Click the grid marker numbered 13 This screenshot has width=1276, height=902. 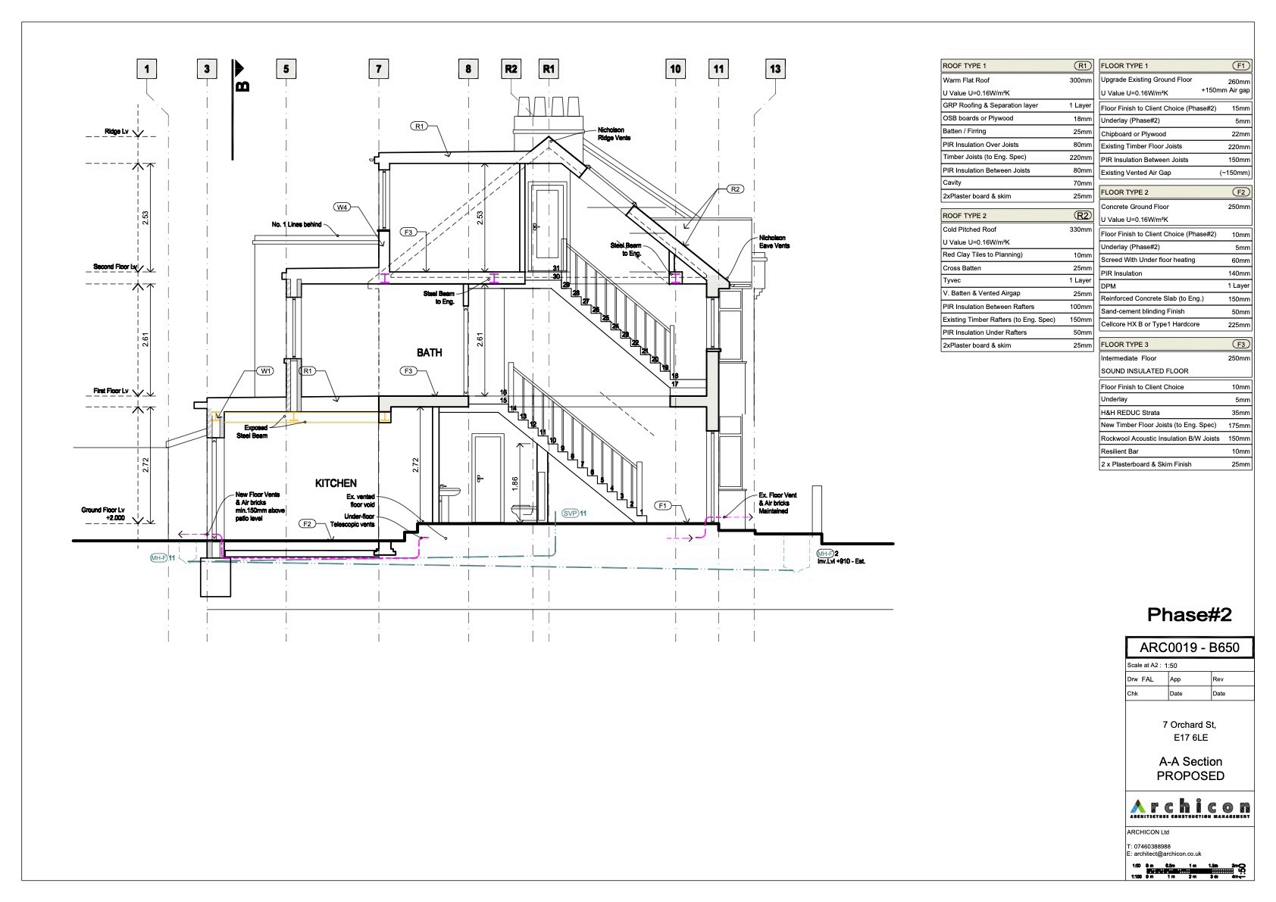(775, 69)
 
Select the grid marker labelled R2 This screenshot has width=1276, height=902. (511, 69)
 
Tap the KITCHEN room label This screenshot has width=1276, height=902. (336, 483)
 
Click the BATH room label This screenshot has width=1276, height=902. (429, 352)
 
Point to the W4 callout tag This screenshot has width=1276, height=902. (343, 208)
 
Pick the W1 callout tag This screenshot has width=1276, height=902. (265, 371)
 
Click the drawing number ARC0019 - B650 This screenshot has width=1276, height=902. (1189, 648)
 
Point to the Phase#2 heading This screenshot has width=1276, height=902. (1189, 614)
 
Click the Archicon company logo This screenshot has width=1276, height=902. (1189, 808)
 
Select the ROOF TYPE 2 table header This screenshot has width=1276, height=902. (964, 216)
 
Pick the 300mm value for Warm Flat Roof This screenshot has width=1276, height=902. (1081, 80)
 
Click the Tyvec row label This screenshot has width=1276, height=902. (952, 280)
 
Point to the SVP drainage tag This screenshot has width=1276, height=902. (571, 513)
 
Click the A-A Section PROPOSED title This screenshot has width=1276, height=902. (1190, 769)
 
